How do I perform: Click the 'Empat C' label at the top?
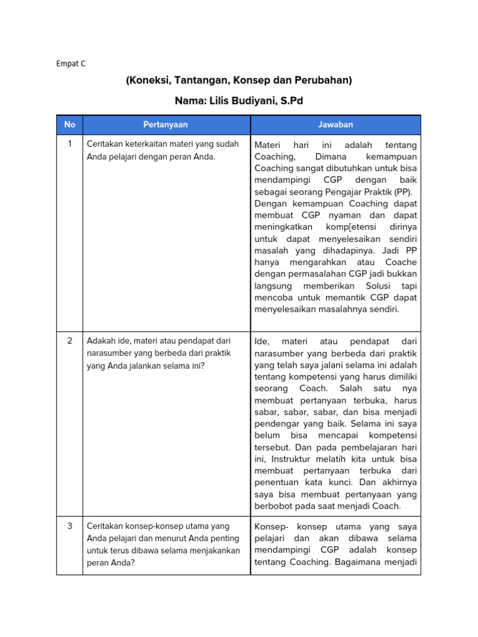coord(70,63)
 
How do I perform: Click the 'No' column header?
coord(70,124)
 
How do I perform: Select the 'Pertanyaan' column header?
coord(166,124)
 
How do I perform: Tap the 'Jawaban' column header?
coord(335,124)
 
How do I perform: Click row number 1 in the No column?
coord(70,144)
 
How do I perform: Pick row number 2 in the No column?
coord(70,340)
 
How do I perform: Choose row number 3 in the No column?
coord(70,526)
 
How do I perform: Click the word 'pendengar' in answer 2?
coord(276,424)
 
